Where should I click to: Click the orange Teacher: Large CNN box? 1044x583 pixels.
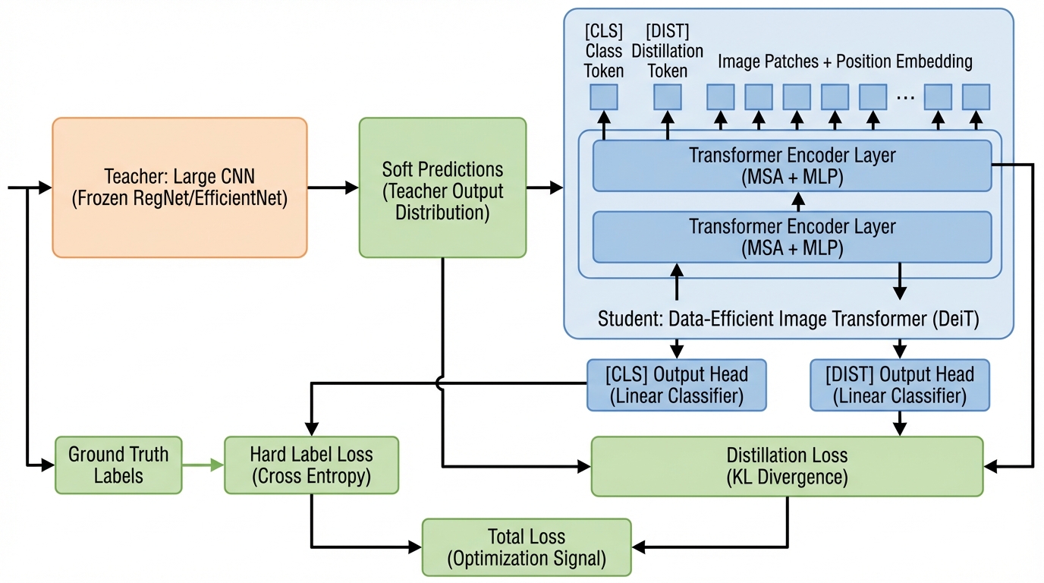point(179,188)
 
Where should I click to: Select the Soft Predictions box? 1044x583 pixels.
point(442,188)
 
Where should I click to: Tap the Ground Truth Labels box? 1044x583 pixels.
point(118,465)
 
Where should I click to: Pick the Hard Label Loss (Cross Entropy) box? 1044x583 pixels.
point(311,465)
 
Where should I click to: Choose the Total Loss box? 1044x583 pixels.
point(527,547)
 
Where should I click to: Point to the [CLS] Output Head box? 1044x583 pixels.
point(677,385)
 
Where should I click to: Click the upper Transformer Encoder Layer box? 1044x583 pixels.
point(791,165)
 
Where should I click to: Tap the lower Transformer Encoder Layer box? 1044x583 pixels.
point(791,237)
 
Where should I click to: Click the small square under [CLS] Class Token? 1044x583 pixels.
point(604,97)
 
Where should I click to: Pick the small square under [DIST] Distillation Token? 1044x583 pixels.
point(668,97)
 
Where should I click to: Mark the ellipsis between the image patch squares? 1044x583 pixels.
point(904,97)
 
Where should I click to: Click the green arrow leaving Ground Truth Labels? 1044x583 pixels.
point(203,465)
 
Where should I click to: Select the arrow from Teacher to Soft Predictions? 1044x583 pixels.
point(332,188)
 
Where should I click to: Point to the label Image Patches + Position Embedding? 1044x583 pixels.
point(845,61)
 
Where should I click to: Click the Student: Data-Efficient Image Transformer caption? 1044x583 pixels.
point(788,319)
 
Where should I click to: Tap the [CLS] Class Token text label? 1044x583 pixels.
point(604,52)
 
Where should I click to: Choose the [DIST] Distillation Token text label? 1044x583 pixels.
point(668,52)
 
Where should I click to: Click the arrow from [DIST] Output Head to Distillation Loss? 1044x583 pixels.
point(900,424)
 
